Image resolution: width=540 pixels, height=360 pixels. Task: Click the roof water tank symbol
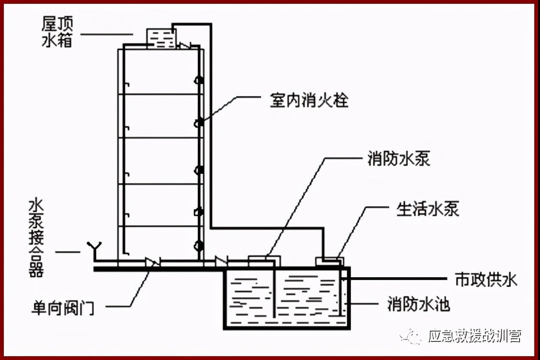pos(160,38)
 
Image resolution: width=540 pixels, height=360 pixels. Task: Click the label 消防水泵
pos(398,159)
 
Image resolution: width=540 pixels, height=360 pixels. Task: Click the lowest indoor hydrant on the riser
pos(198,246)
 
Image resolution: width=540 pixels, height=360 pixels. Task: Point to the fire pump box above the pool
pos(263,260)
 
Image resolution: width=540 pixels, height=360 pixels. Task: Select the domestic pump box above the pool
pos(329,261)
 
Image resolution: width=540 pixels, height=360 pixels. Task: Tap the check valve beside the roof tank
pos(184,46)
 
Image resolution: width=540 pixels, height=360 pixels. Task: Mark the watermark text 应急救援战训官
pos(474,337)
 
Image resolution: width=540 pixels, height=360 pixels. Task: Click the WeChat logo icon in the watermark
pos(412,336)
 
